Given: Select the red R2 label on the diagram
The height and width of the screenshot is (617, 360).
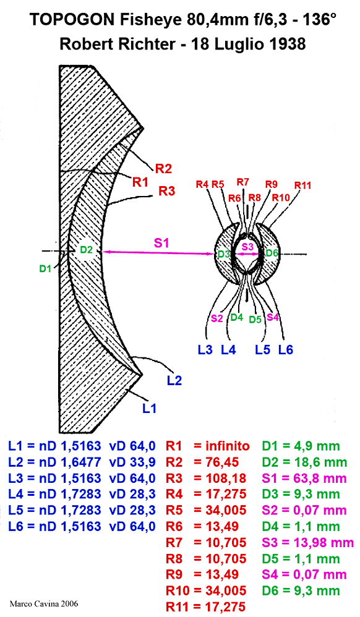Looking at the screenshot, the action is pyautogui.click(x=163, y=169).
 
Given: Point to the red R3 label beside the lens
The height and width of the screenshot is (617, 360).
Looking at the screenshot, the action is pyautogui.click(x=166, y=191).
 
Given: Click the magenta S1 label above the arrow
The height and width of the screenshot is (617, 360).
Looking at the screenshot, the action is pyautogui.click(x=161, y=243).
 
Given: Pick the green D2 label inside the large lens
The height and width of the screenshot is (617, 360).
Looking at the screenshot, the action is pyautogui.click(x=86, y=250).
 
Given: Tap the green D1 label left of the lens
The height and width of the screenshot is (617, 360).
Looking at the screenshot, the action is pyautogui.click(x=46, y=269).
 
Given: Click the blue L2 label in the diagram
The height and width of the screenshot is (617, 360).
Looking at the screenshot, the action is pyautogui.click(x=174, y=380).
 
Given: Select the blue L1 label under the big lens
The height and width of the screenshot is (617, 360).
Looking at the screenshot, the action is pyautogui.click(x=149, y=409).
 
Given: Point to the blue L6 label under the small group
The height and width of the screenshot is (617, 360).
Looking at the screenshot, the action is pyautogui.click(x=286, y=349).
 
